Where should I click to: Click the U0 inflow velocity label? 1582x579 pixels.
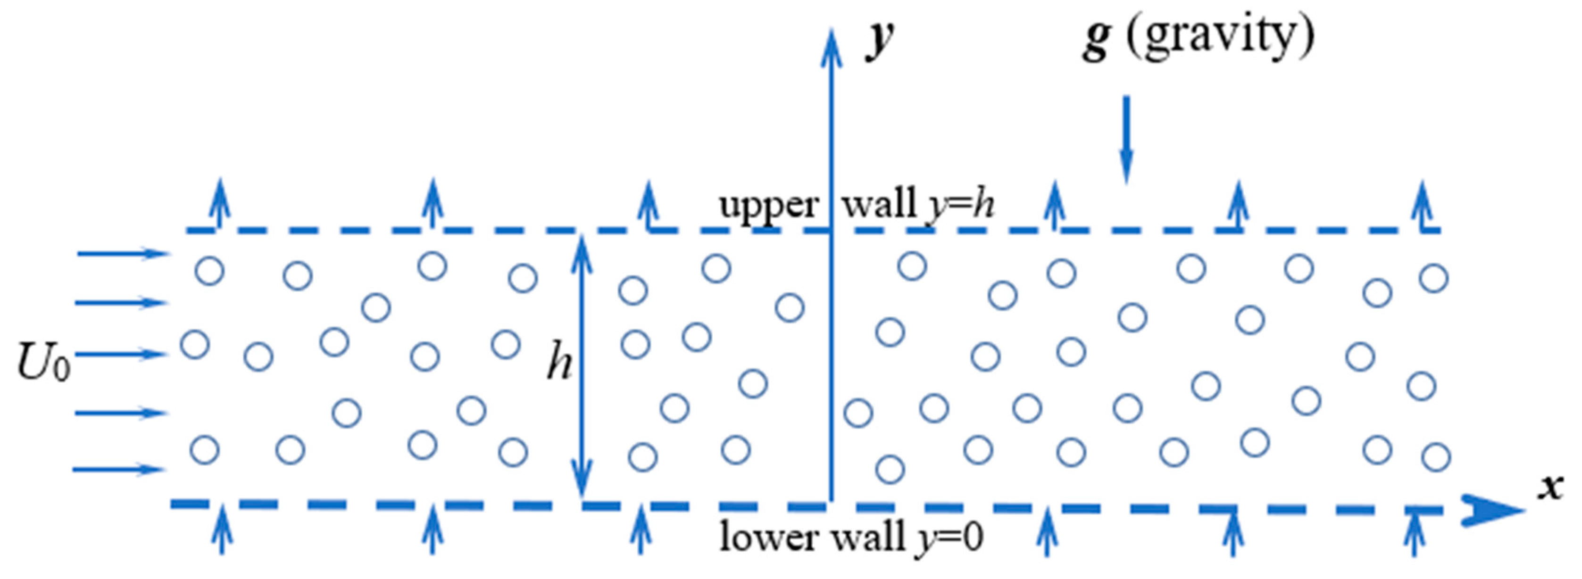(43, 364)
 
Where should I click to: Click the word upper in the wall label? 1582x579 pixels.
(768, 205)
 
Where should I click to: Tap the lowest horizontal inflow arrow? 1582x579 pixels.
(119, 470)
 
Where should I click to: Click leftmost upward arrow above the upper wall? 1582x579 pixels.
(220, 203)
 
